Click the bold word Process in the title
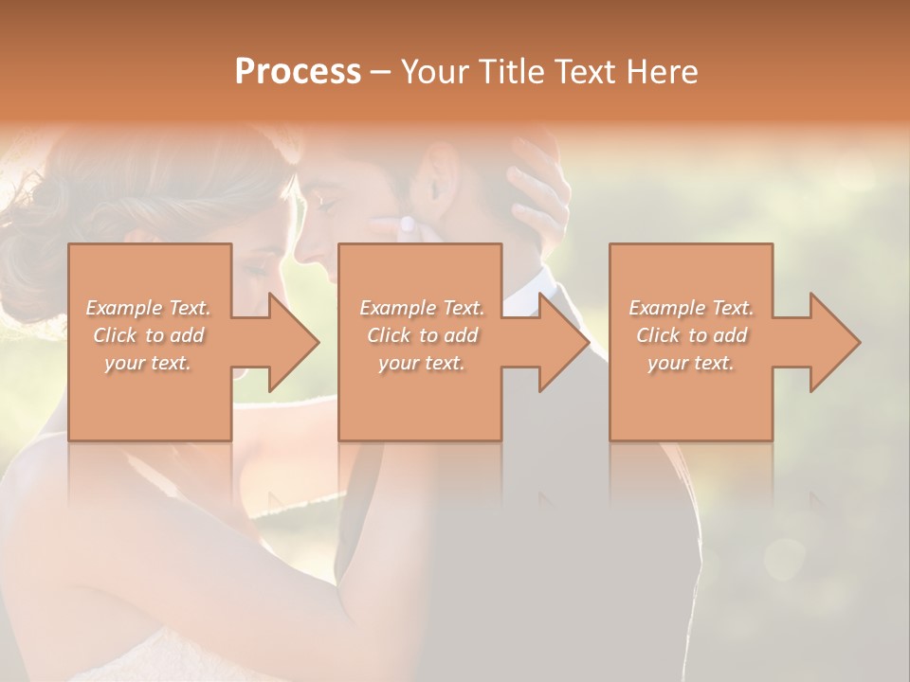point(298,72)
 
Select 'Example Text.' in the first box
point(149,308)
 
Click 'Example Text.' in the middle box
point(422,308)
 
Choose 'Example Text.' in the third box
point(691,308)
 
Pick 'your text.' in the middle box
point(421,363)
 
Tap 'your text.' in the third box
point(690,363)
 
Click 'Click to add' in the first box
point(149,335)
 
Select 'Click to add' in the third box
point(691,335)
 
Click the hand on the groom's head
point(537,180)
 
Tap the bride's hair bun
point(43,213)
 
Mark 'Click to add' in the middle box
point(422,335)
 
